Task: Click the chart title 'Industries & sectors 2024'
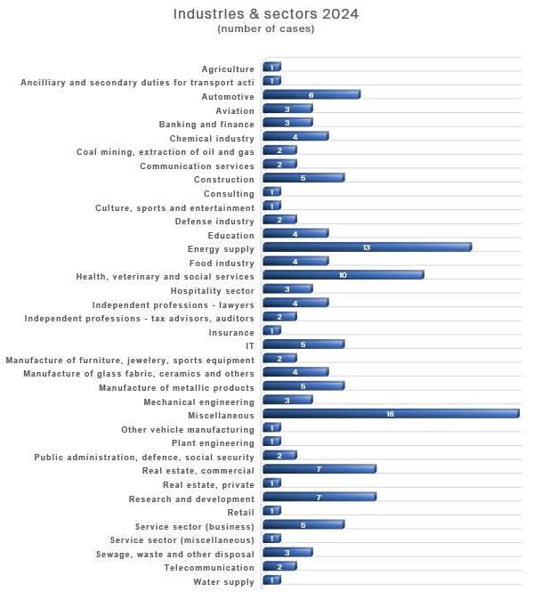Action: click(265, 14)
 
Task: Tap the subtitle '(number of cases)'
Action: click(265, 28)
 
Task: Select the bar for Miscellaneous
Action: click(391, 414)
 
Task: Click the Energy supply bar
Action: click(368, 247)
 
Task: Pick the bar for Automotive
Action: click(311, 95)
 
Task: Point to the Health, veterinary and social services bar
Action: click(344, 275)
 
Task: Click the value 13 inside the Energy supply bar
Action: click(367, 247)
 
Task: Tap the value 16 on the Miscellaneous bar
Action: click(390, 414)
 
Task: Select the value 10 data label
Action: click(343, 275)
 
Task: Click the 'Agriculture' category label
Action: click(228, 69)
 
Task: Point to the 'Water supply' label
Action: click(223, 581)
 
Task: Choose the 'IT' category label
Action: click(250, 346)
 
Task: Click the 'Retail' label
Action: click(241, 512)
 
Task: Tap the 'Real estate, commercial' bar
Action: click(320, 469)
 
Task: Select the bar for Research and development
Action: click(320, 497)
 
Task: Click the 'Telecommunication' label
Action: click(209, 568)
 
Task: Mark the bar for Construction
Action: click(303, 178)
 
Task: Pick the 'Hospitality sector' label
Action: click(213, 291)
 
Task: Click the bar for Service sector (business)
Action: click(303, 524)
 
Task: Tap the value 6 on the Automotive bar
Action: click(311, 95)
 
